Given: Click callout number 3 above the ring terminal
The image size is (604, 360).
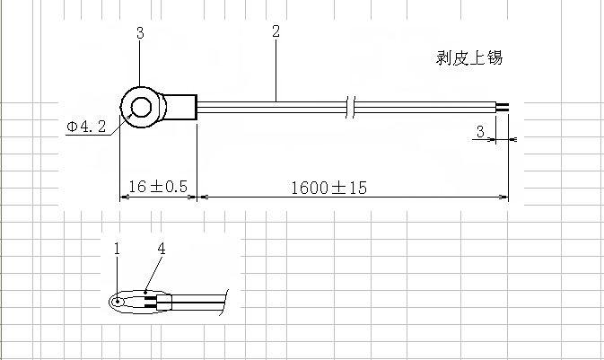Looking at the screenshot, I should pos(140,33).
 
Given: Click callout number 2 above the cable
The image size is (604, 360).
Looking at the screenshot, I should pos(276,32).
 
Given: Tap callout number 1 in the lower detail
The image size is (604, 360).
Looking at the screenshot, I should pos(117,248).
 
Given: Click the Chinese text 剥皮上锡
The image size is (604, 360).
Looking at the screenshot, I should pos(468,59).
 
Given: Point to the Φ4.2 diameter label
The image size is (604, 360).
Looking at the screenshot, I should pos(87,127).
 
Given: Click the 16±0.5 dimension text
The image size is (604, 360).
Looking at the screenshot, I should pos(157,187).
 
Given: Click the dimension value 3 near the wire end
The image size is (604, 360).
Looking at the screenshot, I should pos(480,132).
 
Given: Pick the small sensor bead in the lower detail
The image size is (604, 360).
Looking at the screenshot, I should pos(118,301).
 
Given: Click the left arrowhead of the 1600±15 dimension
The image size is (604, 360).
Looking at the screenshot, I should pos(201,196).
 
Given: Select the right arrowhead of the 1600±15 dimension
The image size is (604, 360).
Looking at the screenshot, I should pos(503,196).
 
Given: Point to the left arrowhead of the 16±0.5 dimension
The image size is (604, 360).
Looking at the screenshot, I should pos(125,196).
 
